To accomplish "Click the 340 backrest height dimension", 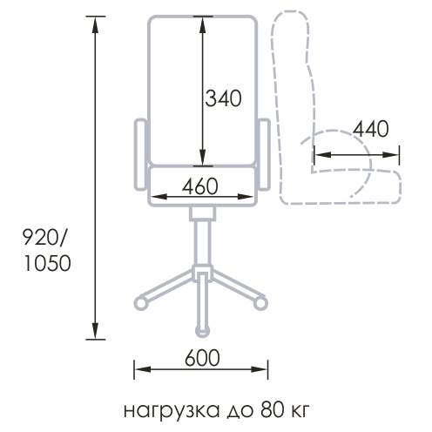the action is point(223,98).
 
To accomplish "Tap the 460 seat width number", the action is point(200,186).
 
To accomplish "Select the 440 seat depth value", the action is point(371,129).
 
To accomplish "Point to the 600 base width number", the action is point(202,358).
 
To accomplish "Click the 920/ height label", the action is point(44,237).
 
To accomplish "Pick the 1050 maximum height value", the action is point(47,263).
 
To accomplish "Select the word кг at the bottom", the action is point(300,412).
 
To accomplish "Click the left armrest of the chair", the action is point(140,154).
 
